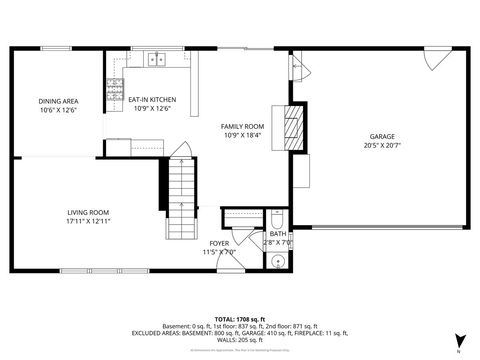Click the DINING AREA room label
coord(59,101)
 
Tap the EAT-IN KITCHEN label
coord(152,100)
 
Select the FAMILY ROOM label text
coord(241,126)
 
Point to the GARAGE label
coord(382,136)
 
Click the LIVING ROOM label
coord(88,212)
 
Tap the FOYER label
coord(219,243)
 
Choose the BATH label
coord(278,234)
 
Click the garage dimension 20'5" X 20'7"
coord(382,145)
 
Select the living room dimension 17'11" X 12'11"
coord(88,221)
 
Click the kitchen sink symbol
coord(156,60)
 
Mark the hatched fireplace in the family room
coord(291,125)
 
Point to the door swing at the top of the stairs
coord(181,152)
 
